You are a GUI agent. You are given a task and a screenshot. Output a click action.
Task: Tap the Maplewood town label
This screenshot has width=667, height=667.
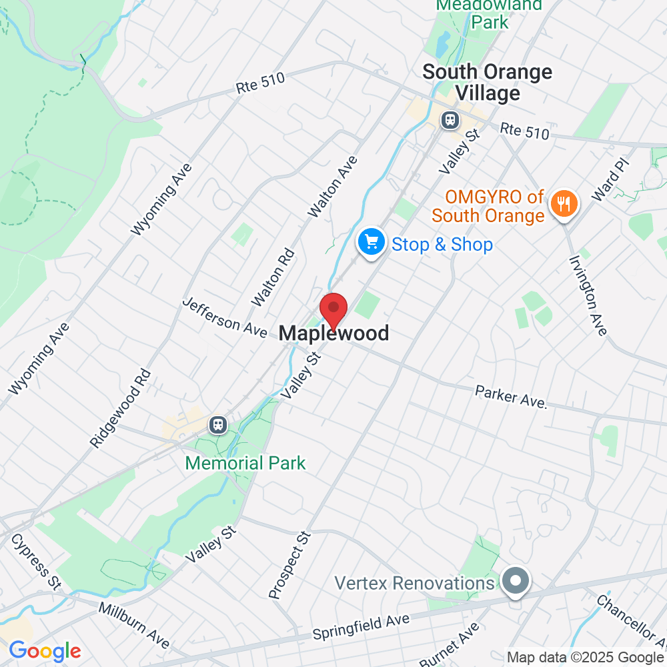coord(333,333)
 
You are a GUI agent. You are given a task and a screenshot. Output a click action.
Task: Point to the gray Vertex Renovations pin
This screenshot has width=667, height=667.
coord(516,582)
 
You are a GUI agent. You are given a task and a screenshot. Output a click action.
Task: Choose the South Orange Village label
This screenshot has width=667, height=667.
coord(488,82)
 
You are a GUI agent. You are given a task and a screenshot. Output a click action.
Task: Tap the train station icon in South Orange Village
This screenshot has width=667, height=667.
coord(450,119)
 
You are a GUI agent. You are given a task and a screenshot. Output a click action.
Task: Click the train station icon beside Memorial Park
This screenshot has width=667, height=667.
coord(217,424)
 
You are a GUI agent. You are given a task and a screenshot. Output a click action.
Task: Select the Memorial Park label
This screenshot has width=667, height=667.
coord(245,462)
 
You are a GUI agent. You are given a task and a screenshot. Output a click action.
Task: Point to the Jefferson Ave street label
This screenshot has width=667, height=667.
coord(225,316)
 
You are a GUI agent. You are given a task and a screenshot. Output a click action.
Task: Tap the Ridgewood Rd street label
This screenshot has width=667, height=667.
coord(121,409)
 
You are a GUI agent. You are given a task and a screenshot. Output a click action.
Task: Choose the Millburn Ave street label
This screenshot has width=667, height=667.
coord(133,627)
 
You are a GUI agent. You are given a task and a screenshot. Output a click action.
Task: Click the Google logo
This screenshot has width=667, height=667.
coord(45,651)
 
